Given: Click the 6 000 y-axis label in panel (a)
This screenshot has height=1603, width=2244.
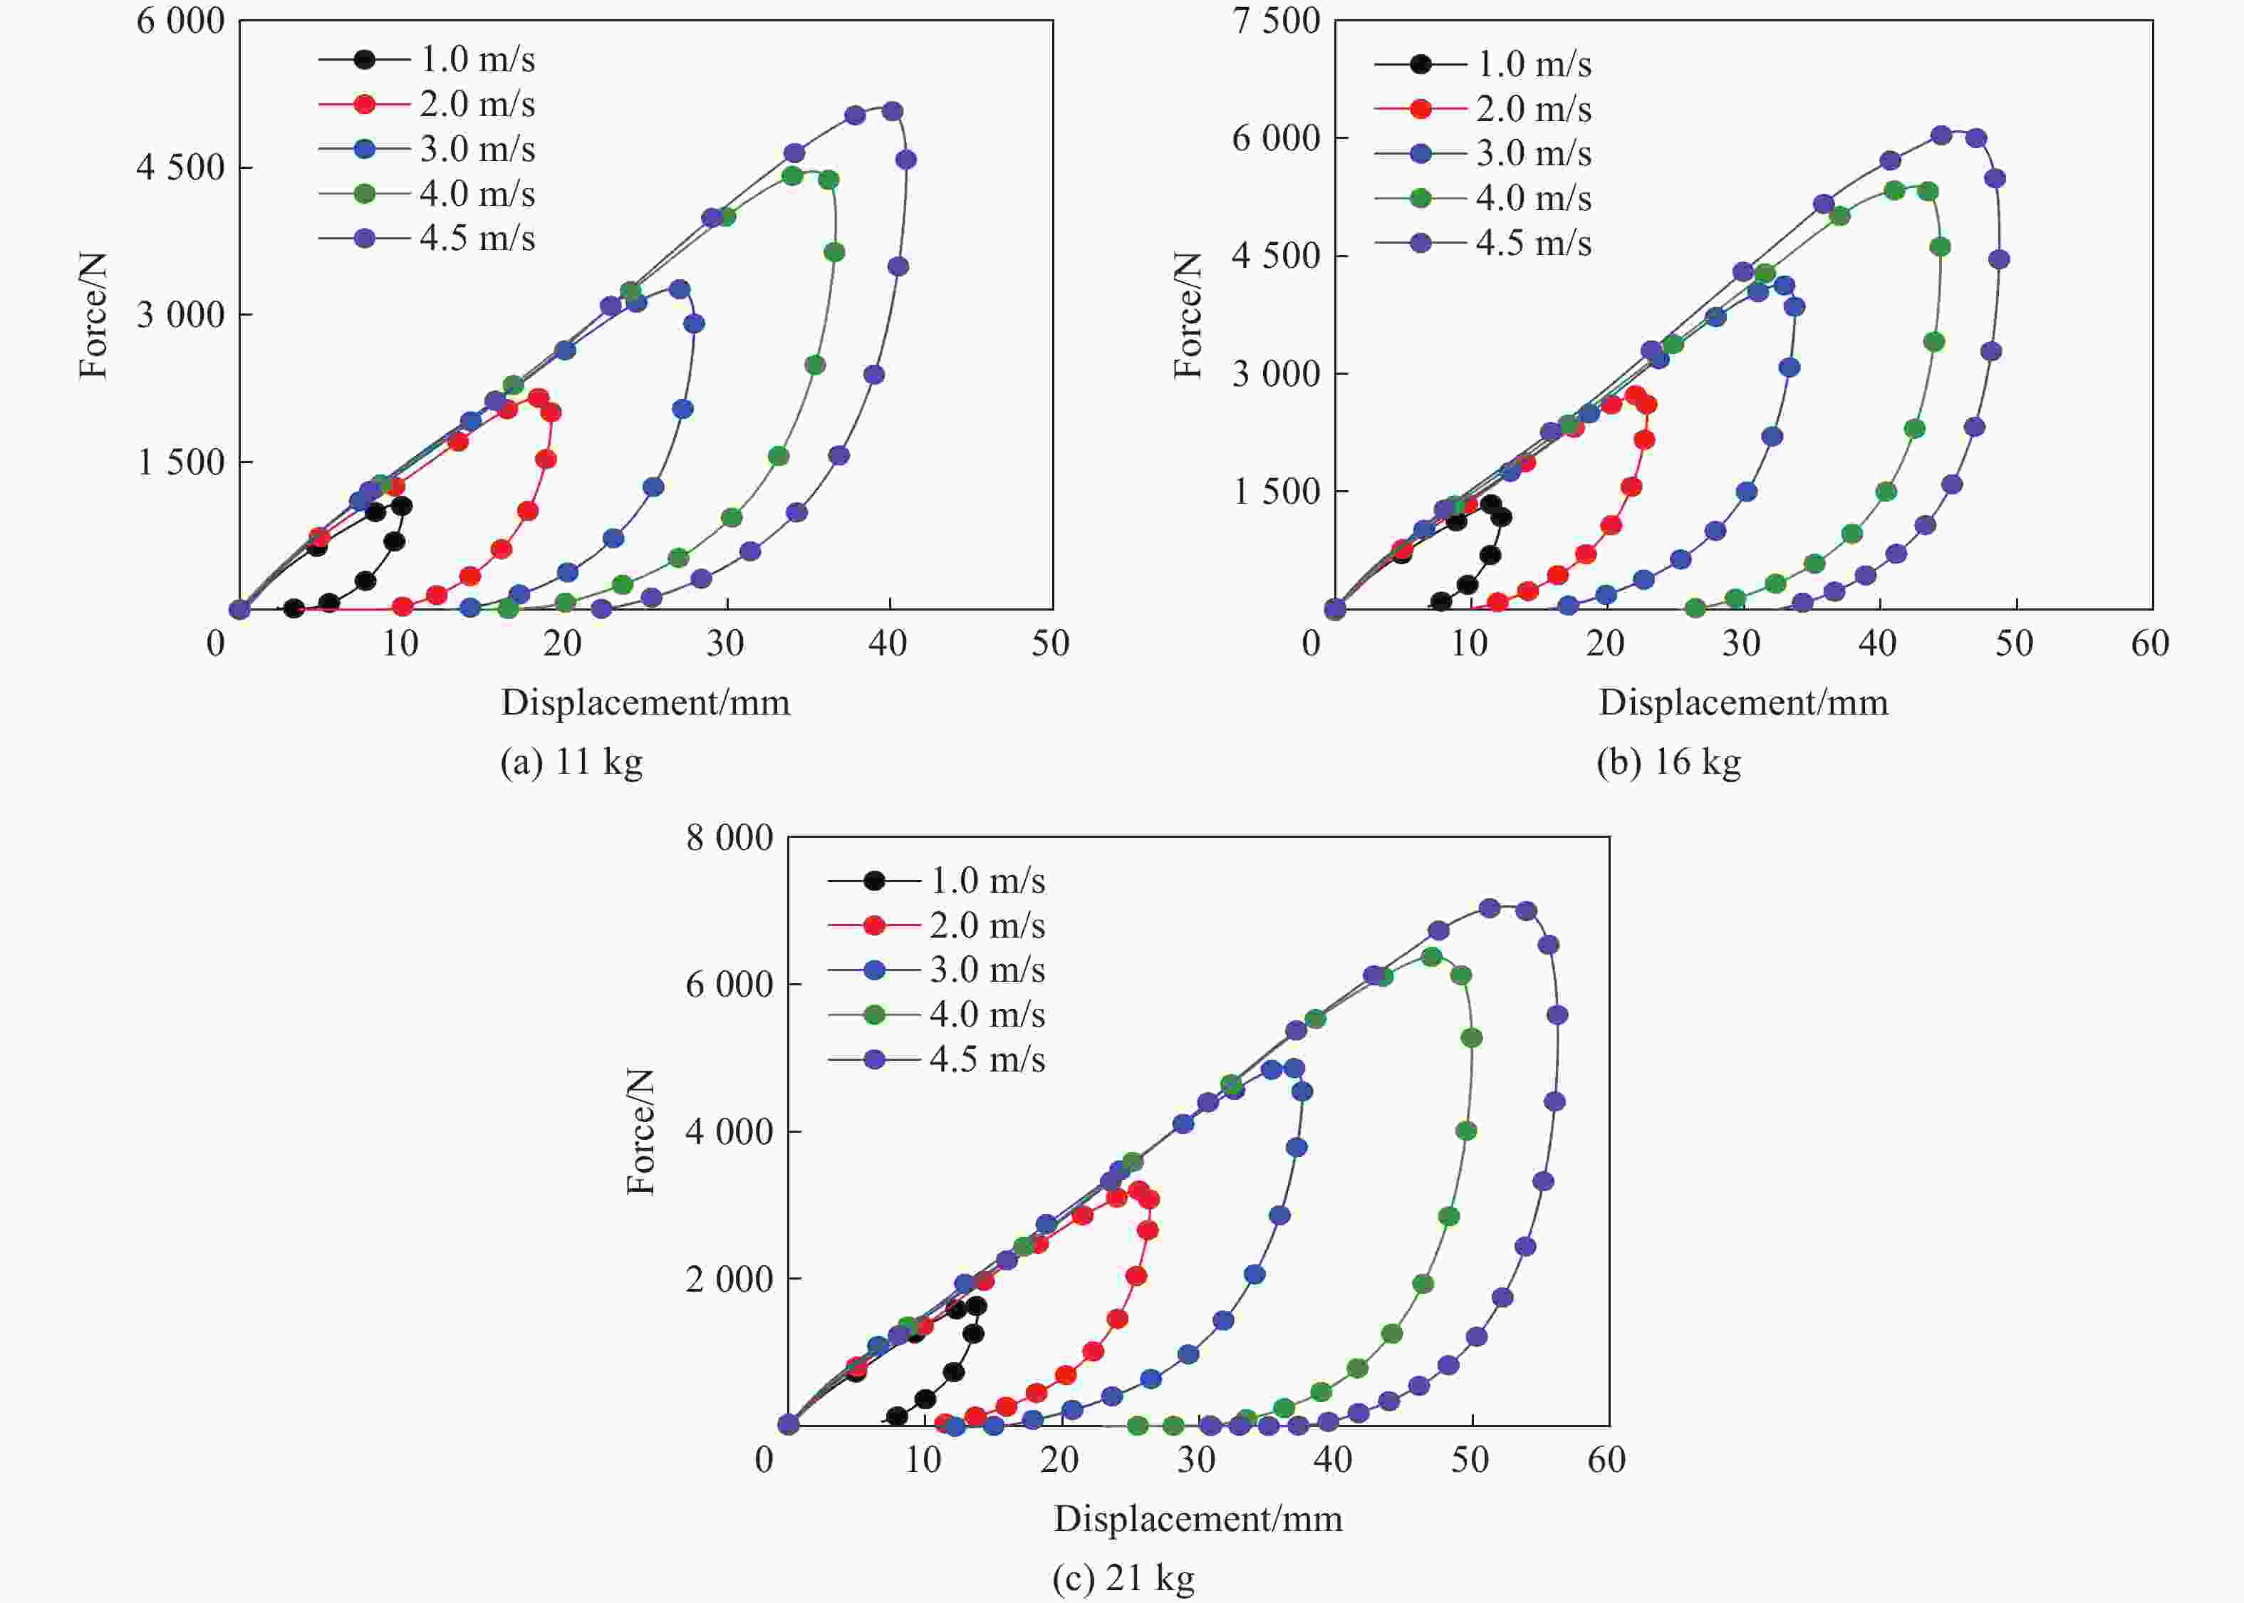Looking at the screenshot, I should point(180,21).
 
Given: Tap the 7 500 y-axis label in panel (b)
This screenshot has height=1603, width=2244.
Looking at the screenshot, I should point(1276,21).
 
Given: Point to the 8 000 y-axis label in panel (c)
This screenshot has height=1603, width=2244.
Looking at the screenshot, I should point(729,838).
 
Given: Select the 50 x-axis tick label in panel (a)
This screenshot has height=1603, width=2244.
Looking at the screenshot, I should point(1051,643).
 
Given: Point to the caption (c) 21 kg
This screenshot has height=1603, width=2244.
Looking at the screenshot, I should point(1123,1577).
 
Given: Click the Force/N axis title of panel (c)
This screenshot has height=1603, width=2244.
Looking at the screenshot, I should point(641,1131).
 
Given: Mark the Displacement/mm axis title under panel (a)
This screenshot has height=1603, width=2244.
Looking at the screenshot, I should point(645,702).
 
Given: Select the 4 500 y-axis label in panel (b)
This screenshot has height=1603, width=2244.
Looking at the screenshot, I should point(1276,256).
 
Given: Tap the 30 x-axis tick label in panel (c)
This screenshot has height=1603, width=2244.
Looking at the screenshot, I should point(1196,1460).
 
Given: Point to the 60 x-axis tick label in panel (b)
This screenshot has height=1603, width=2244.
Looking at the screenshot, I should point(2150,643).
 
